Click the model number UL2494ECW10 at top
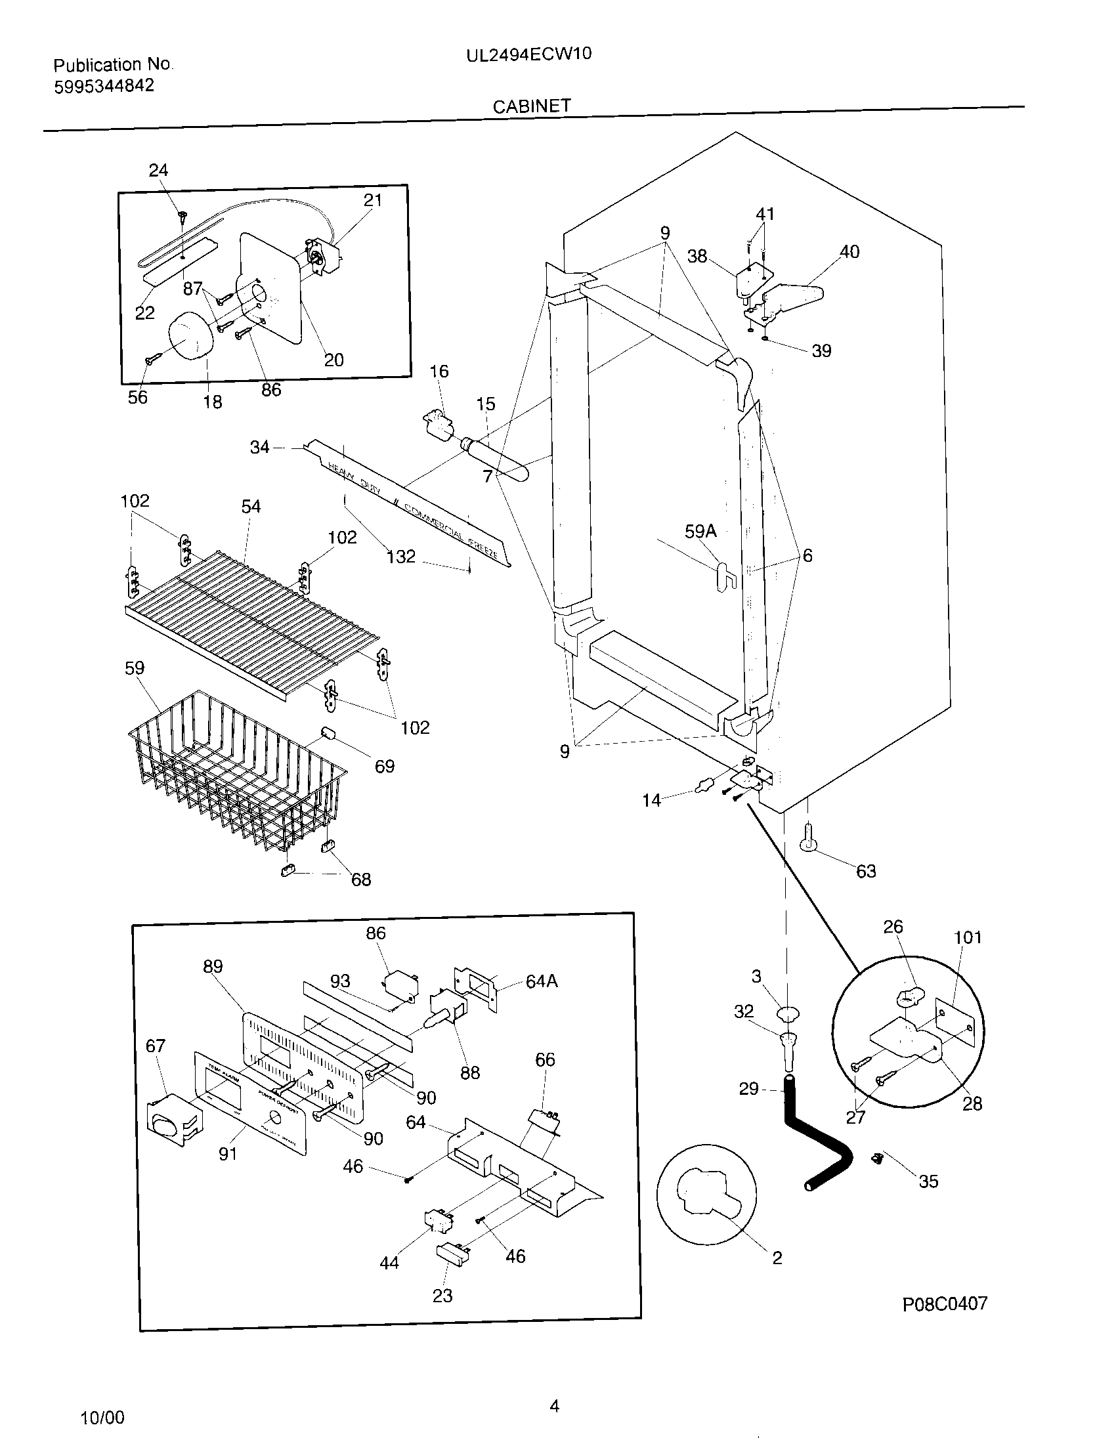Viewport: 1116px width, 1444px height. [528, 54]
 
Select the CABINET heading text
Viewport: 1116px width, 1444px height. [532, 106]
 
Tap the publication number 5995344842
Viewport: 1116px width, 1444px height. [104, 86]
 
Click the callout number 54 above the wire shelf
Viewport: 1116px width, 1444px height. [251, 507]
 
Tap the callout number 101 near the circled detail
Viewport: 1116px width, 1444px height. [967, 937]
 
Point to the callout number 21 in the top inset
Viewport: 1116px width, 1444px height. [373, 200]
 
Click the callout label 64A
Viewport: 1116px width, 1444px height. [542, 981]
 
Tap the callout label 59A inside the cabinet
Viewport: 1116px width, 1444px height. [700, 531]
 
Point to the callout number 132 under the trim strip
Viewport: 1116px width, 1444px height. [400, 557]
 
